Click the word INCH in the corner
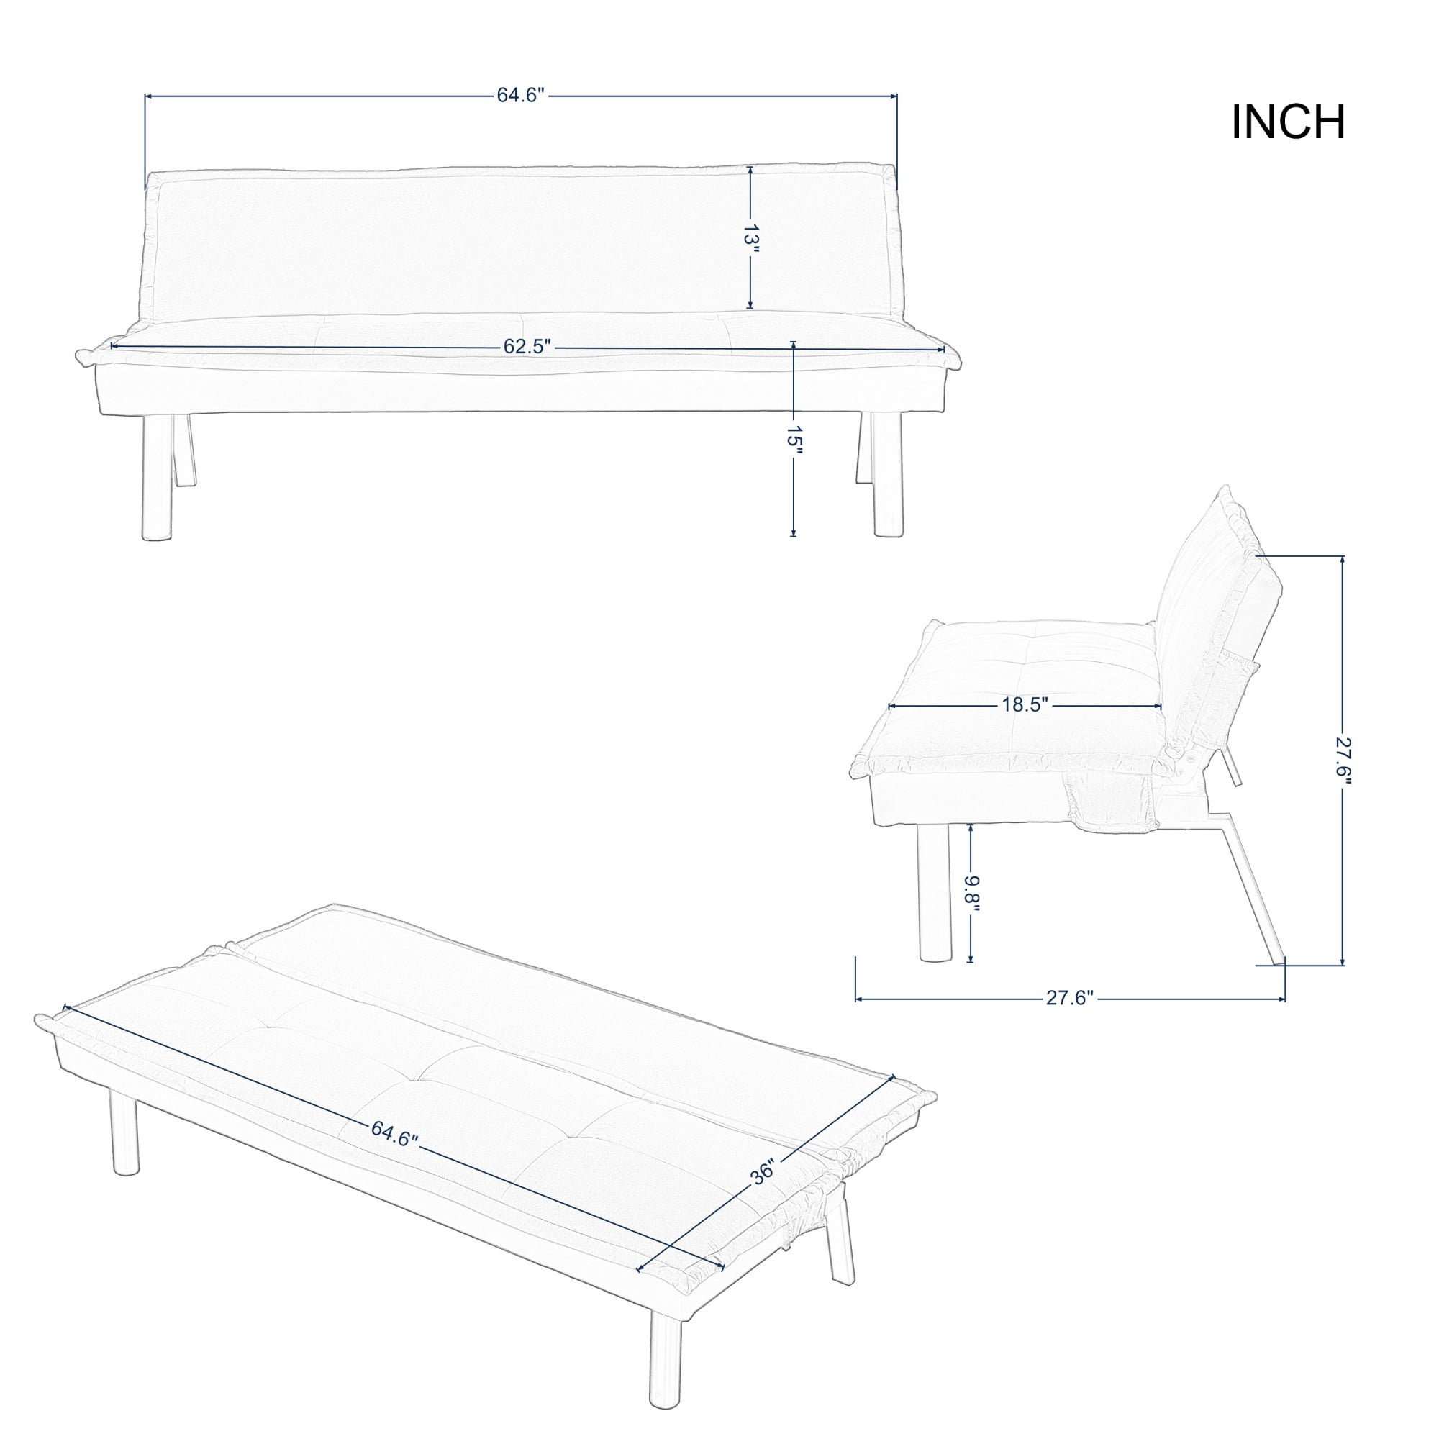[1288, 122]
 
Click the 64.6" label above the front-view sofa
[522, 96]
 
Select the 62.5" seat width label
[526, 346]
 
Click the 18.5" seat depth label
[1025, 705]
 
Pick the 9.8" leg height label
[971, 893]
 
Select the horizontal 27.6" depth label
[1070, 998]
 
